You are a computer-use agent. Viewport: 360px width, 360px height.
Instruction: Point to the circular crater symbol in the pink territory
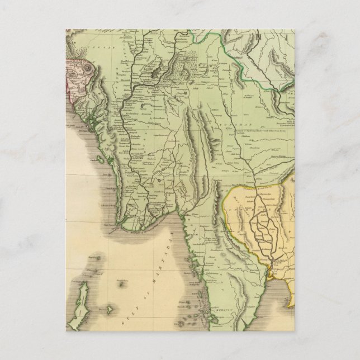90,69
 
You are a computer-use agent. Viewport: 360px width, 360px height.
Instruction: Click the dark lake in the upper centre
150,72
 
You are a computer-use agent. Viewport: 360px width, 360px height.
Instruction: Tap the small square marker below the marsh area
181,96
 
